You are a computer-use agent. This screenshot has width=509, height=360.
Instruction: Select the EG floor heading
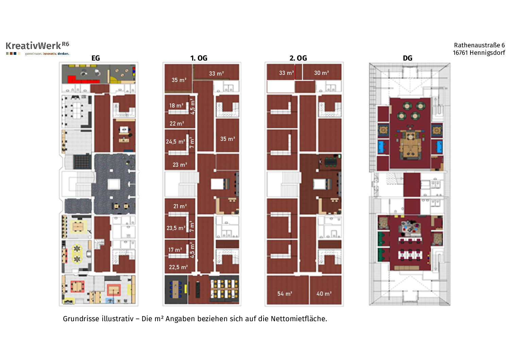coord(96,58)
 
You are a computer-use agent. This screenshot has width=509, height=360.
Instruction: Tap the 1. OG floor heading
coord(199,58)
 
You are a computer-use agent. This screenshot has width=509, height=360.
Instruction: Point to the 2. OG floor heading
coord(298,58)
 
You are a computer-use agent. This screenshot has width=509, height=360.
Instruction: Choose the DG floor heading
coord(407,58)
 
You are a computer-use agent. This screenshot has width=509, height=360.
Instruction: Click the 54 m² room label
coord(285,294)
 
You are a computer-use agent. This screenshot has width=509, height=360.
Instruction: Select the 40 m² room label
coord(324,294)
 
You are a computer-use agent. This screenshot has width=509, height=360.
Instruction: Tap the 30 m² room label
coord(322,73)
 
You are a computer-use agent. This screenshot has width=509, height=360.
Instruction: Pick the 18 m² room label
coord(176,105)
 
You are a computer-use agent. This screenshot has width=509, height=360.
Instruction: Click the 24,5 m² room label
coord(175,142)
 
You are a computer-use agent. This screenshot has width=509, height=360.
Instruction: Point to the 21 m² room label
coord(180,206)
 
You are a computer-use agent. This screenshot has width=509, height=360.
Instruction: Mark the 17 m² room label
coord(175,250)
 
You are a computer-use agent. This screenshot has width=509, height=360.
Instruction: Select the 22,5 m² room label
coord(179,267)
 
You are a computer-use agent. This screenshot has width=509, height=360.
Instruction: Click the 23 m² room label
coord(180,165)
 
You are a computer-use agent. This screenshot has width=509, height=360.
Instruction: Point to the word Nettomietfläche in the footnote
coord(299,319)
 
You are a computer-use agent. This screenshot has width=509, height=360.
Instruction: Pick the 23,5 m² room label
coord(176,228)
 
